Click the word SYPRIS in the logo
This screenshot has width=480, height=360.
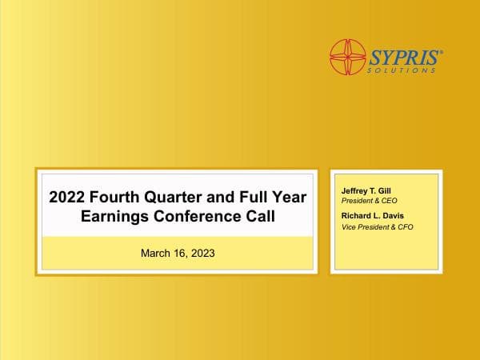point(405,56)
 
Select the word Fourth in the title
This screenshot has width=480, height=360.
point(122,197)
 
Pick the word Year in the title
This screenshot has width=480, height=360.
point(290,197)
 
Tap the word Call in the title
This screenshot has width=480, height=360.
point(259,216)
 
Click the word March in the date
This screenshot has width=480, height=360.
point(157,253)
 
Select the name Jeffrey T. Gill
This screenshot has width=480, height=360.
point(365,192)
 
